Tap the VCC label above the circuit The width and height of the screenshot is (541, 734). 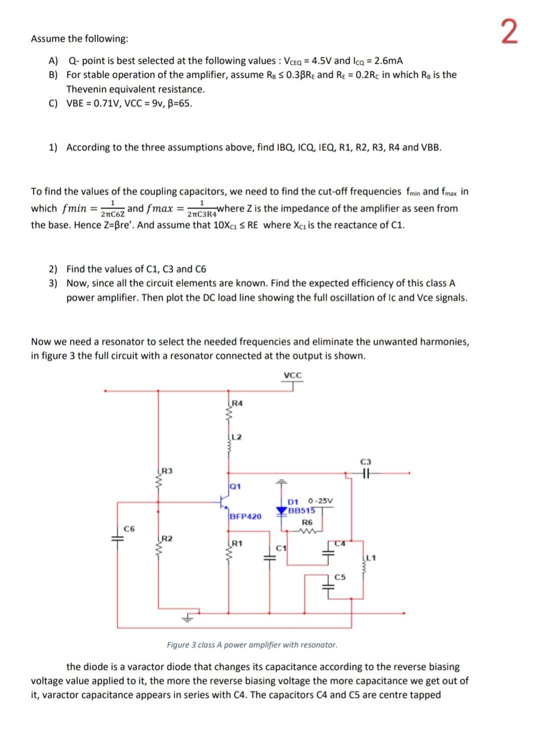(293, 375)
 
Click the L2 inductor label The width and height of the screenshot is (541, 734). (237, 437)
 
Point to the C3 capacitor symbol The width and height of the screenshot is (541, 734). (366, 473)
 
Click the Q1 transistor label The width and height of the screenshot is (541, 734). (235, 486)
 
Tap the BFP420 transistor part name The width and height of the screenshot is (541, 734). (245, 516)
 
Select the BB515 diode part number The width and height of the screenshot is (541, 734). (302, 511)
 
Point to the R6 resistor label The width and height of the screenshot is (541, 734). (307, 522)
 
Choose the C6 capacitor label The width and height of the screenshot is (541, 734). (129, 528)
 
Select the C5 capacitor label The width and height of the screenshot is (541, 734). (340, 577)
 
